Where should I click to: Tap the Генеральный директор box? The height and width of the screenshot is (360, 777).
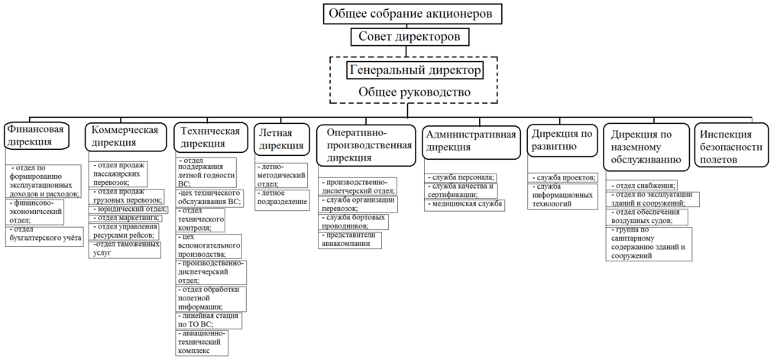click(415, 70)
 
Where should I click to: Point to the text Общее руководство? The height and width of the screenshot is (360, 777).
click(414, 92)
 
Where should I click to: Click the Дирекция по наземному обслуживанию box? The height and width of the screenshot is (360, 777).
click(643, 147)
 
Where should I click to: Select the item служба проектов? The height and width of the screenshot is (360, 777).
click(565, 178)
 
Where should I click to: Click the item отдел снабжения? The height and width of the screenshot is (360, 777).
click(643, 186)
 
